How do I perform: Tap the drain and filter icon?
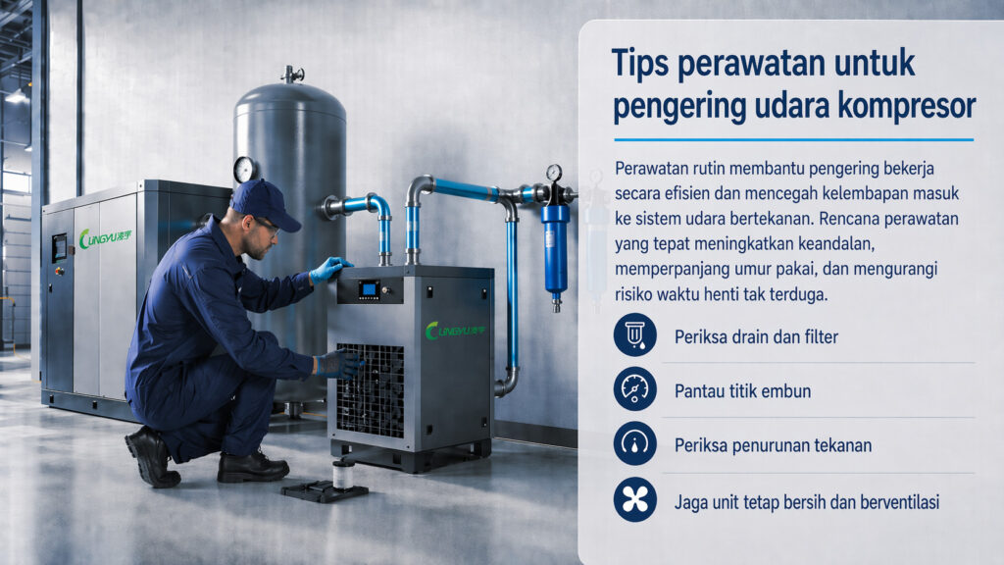click(634, 335)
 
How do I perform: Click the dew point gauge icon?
click(634, 388)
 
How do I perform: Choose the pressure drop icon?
click(634, 443)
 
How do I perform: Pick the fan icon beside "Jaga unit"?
click(634, 499)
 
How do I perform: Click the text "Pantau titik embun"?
click(743, 390)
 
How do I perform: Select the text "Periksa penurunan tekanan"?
click(773, 445)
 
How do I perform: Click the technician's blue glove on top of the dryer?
click(328, 269)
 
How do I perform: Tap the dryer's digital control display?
click(369, 289)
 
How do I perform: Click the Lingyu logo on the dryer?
click(455, 331)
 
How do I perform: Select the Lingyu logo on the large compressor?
click(105, 238)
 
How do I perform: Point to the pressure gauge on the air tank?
click(244, 170)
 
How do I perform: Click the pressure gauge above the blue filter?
click(554, 173)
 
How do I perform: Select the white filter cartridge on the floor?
click(343, 475)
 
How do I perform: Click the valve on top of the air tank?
click(292, 74)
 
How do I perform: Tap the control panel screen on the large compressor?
click(60, 247)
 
